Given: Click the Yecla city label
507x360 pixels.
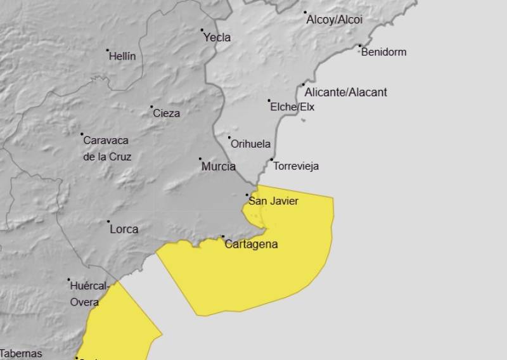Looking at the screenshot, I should tap(217, 37).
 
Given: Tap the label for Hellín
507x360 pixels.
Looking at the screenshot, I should tap(122, 56).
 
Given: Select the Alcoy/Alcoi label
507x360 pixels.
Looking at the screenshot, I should tap(335, 20).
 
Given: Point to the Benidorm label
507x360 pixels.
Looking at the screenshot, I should tap(383, 52).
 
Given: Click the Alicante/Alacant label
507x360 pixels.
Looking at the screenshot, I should tap(345, 93).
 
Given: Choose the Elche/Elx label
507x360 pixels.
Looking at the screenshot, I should tap(292, 107).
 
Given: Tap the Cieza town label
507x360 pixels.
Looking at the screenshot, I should tap(166, 113).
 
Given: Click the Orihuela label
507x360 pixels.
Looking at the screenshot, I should tap(250, 144).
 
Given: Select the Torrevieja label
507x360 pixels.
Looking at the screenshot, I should tap(296, 167).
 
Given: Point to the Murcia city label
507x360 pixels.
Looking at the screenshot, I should tap(218, 167).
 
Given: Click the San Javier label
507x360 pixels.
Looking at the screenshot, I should tap(273, 202).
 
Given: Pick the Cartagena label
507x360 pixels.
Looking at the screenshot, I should tap(251, 244).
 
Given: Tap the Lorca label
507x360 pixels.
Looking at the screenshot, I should tap(124, 229).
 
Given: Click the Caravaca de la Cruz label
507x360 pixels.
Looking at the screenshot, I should tap(107, 148).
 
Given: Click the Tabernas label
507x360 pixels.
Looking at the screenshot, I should tap(21, 354).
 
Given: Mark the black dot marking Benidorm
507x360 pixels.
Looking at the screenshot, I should tap(360, 46).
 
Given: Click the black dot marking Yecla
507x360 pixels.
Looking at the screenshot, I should tap(203, 30).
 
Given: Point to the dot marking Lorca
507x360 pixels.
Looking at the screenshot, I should tap(108, 222).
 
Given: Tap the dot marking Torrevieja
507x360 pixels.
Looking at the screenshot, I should tap(272, 159).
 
